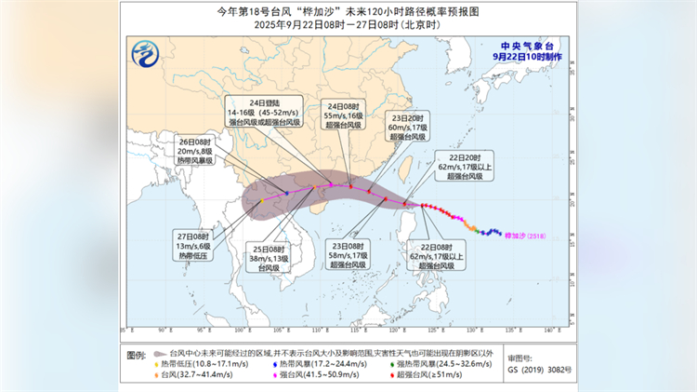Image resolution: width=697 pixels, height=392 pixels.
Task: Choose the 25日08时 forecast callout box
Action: click(x=269, y=258)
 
